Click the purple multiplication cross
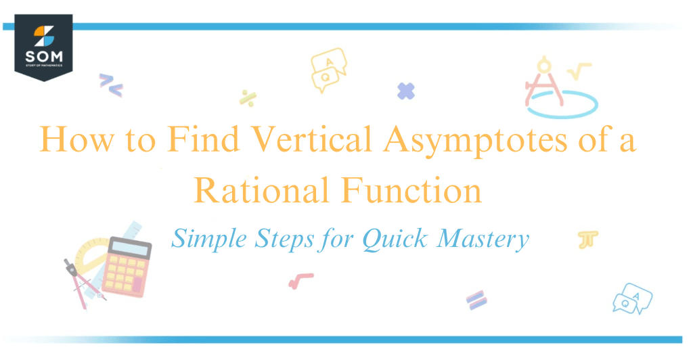pyautogui.click(x=406, y=91)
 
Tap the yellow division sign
pyautogui.click(x=246, y=97)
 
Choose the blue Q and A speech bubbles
pyautogui.click(x=632, y=298)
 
